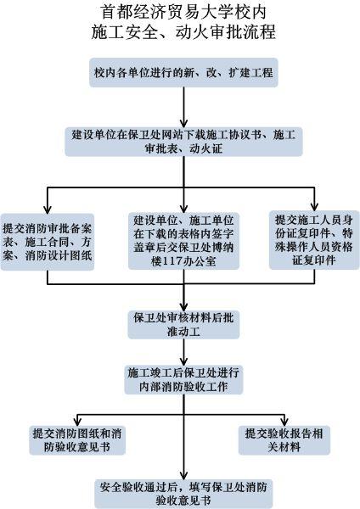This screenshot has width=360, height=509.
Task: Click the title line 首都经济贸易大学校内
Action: pos(184,13)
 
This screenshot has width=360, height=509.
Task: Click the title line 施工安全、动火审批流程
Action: pos(184,32)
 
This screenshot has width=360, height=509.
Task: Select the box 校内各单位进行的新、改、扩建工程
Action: pos(184,72)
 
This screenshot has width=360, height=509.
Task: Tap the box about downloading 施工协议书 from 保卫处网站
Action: pos(184,142)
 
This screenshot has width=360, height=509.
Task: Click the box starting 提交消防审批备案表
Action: pos(48,242)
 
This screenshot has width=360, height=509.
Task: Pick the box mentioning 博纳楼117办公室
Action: pos(184,241)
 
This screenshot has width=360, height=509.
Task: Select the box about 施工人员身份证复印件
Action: pos(314,240)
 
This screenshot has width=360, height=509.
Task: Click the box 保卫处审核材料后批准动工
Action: pos(184,325)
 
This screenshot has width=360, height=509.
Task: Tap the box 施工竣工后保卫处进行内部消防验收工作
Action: pos(184,380)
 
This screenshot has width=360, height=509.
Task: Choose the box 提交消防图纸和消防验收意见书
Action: pos(77,440)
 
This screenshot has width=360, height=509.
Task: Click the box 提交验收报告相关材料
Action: pos(284,440)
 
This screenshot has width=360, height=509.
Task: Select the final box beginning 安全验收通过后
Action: pos(184,494)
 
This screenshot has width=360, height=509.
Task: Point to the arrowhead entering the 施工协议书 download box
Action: pos(184,124)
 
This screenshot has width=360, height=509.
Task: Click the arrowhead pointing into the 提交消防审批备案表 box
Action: pos(48,210)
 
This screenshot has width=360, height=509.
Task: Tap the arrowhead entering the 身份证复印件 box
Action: pos(314,207)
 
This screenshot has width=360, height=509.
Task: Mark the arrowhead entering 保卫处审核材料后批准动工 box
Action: pos(184,307)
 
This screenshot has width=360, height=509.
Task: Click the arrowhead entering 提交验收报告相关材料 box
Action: pos(284,422)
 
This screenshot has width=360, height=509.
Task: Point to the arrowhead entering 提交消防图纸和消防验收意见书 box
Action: pos(77,422)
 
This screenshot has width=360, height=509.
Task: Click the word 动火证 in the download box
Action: pos(206,149)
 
